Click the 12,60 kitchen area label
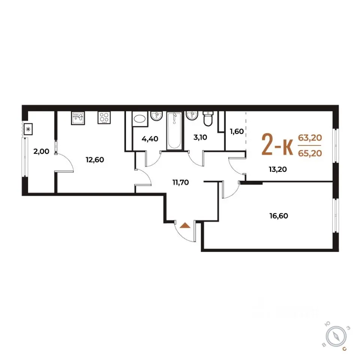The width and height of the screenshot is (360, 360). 95,160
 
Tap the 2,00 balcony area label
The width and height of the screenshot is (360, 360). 41,151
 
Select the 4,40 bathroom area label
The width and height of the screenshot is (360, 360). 150,139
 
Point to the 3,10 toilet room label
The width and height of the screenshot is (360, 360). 200,137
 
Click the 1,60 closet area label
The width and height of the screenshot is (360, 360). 237,131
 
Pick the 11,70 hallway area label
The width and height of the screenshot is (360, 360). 181,182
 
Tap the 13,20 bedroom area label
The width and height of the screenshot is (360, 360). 278,169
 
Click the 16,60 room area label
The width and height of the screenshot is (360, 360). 279,216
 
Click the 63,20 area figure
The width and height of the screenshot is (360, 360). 310,138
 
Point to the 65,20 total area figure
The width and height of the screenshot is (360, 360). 310,153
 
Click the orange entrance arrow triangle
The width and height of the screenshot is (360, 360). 185,225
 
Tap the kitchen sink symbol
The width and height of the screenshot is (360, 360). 78,118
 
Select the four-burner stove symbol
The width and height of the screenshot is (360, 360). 104,117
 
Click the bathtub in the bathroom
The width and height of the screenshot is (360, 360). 174,131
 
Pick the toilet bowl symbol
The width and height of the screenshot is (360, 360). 208,119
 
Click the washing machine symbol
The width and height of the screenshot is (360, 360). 140,119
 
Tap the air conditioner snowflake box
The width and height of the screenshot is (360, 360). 28,129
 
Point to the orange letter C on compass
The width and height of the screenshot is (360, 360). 344,349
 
